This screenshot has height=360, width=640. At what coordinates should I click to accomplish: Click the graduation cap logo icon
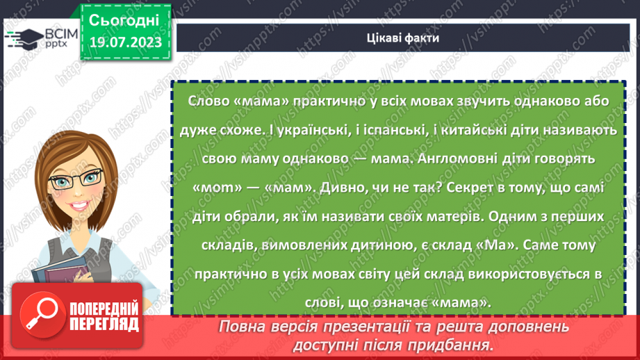tap(23, 39)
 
